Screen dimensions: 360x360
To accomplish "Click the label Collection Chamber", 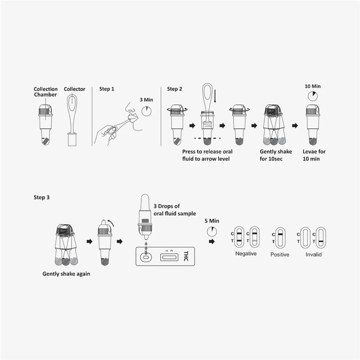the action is point(45,92).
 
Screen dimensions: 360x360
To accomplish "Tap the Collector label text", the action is point(74,89).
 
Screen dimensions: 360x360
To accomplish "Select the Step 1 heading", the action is point(107,89).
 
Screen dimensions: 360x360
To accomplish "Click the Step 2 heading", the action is point(175,89).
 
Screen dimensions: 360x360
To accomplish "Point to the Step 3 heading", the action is point(41,198).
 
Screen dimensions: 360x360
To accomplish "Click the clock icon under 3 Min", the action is point(147,111).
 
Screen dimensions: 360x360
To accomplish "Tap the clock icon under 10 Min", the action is point(312,96).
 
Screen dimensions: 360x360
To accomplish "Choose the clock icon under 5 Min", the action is point(211,232).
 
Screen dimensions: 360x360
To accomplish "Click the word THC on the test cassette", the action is point(186,256).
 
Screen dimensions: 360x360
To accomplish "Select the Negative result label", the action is point(246,253).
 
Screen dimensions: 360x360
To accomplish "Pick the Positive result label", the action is point(279,254).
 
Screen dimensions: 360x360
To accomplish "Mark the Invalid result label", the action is point(313,254).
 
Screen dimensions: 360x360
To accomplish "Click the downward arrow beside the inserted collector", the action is point(215,96).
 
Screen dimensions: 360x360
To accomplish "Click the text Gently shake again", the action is point(66,274).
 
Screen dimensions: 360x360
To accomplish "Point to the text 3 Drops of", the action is point(166,206).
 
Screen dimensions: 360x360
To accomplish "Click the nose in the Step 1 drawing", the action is point(128,108).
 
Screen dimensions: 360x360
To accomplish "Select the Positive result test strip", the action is point(280,238).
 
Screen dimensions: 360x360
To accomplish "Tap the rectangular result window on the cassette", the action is point(170,257).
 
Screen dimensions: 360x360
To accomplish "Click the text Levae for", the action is point(314,152).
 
